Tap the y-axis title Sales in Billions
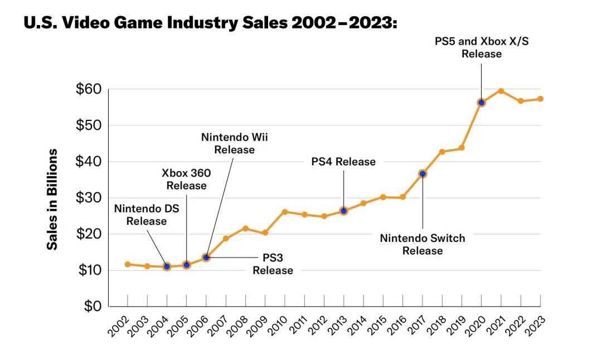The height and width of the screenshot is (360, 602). tap(52, 199)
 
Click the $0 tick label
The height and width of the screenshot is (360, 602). tap(92, 307)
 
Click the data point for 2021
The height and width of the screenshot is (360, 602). tap(501, 91)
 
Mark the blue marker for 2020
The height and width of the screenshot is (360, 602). tap(482, 103)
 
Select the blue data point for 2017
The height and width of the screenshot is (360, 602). tap(423, 174)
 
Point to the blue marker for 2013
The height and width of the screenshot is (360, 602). tap(344, 211)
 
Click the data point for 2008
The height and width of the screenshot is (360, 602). tap(246, 228)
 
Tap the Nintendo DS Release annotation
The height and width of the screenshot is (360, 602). tap(146, 215)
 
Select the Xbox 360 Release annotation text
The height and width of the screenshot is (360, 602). tap(186, 179)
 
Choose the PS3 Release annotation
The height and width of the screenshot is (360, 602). tap(273, 265)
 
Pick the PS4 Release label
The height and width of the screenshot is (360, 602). tap(343, 162)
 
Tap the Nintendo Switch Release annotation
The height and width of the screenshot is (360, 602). tap(423, 244)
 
